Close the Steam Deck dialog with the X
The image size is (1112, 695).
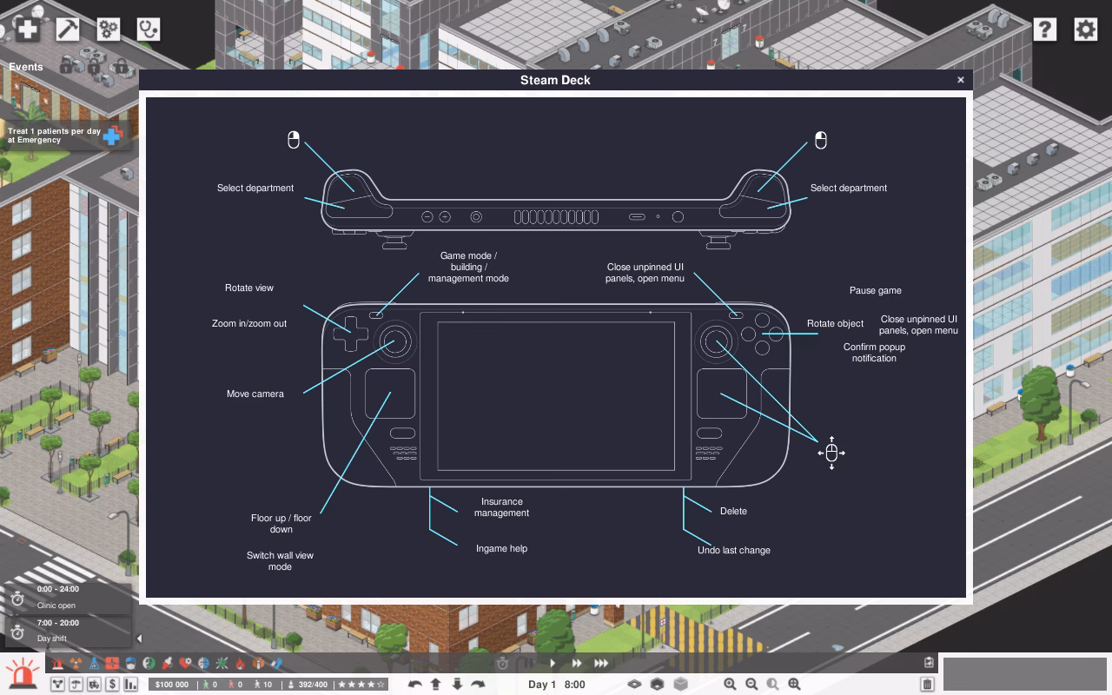(x=961, y=80)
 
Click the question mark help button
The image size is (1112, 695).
(x=1044, y=30)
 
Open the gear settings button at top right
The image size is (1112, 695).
(x=1085, y=30)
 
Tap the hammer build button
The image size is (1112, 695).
(x=68, y=30)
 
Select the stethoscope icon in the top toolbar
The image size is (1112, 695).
(x=149, y=30)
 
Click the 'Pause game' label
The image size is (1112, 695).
(x=875, y=290)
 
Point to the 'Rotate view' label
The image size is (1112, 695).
(x=249, y=288)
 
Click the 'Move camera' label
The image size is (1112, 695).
(x=255, y=394)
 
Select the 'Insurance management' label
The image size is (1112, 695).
(x=501, y=506)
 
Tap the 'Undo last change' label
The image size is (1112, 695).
(x=734, y=550)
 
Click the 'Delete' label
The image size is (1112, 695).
(x=733, y=511)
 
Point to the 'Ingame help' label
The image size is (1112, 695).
(x=501, y=548)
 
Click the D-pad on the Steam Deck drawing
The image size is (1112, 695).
(x=350, y=334)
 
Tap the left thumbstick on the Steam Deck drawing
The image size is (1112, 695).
(x=395, y=341)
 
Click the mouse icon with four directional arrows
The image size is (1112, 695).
(x=831, y=453)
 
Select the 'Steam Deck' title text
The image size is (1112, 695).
(x=555, y=80)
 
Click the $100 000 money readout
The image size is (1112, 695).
(x=172, y=685)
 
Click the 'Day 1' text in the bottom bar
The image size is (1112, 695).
(x=541, y=685)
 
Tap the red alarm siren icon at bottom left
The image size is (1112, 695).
(x=22, y=672)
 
